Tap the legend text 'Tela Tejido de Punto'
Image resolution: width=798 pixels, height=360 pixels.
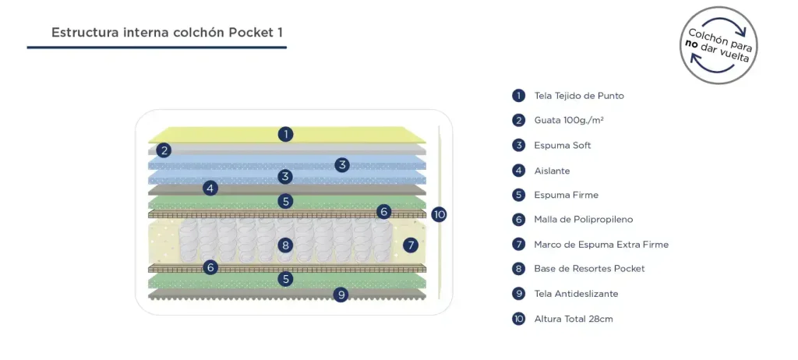click(579, 96)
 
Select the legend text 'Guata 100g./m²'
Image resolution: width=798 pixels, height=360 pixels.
click(569, 121)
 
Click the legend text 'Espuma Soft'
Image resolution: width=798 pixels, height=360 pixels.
click(563, 146)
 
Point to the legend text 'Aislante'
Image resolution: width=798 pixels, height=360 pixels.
click(552, 171)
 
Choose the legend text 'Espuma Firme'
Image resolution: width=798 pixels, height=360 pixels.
click(566, 195)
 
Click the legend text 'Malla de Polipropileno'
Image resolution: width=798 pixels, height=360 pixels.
click(583, 220)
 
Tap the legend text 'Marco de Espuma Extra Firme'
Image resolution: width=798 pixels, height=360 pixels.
click(601, 245)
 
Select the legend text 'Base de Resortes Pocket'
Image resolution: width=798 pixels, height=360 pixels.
click(589, 269)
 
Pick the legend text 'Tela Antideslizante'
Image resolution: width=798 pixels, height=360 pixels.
click(576, 294)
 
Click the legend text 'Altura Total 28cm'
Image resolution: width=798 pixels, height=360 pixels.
click(573, 319)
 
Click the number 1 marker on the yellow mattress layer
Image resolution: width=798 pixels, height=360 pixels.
click(286, 134)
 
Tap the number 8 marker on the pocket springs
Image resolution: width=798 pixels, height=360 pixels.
click(286, 245)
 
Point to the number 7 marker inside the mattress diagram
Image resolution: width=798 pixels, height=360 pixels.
click(411, 245)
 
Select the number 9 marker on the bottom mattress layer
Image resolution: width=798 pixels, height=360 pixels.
click(341, 295)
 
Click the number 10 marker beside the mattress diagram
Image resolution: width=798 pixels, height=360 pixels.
click(439, 214)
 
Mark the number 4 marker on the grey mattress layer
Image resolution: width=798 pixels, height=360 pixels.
click(210, 188)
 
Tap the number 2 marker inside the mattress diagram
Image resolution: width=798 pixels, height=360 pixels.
click(164, 150)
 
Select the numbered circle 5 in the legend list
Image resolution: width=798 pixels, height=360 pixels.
click(518, 195)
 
